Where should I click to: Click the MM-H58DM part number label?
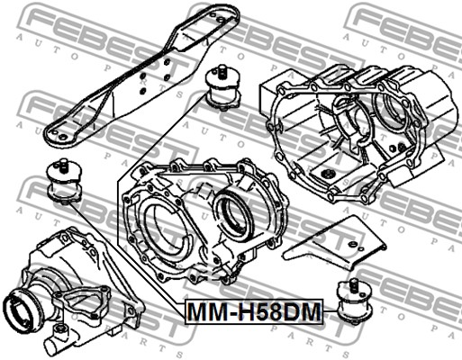point(254,312)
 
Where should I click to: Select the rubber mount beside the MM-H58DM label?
point(354,301)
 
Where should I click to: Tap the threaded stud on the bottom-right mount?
point(353,284)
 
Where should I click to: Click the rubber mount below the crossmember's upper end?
point(222,86)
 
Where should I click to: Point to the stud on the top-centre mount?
point(222,71)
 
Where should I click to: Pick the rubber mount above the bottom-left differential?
point(64,181)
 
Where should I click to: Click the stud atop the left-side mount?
point(63,165)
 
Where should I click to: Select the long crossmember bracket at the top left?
point(141,75)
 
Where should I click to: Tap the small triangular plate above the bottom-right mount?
point(334,244)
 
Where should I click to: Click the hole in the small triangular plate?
point(353,244)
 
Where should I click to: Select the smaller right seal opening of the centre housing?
point(233,215)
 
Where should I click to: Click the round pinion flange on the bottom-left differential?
point(20,311)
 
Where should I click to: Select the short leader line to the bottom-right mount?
point(330,311)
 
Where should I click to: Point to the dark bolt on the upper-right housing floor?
point(330,174)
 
